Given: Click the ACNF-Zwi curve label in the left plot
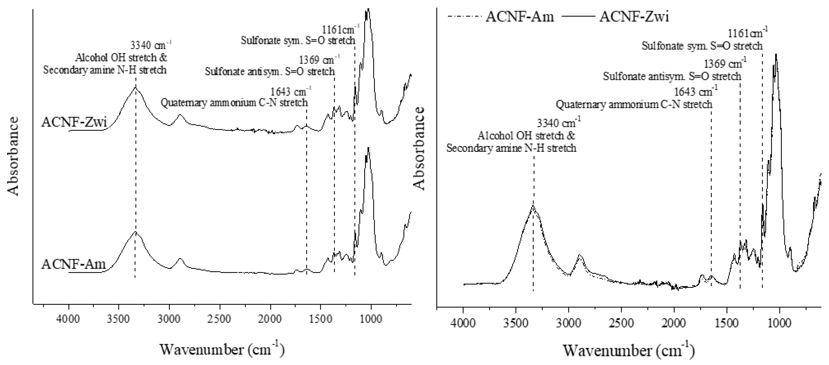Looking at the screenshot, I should pos(74,123).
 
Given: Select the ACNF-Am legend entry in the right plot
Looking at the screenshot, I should pos(520,16).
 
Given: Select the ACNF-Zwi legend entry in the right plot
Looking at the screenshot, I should pos(634,16).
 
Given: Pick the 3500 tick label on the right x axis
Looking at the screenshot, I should pos(516,323).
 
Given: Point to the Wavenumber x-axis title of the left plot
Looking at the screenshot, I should pos(222,349).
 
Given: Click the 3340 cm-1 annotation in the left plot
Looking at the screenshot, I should pos(151,45).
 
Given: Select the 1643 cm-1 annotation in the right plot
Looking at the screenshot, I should pos(695,92).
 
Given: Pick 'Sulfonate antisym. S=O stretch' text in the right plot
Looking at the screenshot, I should pos(672,76).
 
